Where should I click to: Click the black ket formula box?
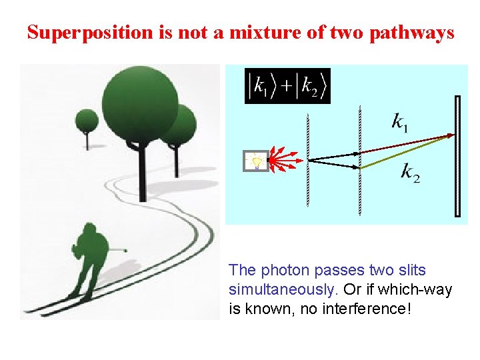coord(287,86)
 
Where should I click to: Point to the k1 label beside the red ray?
coord(401,123)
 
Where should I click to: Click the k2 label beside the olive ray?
coord(410,172)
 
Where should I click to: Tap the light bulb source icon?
coord(256,161)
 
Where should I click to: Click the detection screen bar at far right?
coord(457,157)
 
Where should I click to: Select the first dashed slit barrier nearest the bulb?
coord(308,160)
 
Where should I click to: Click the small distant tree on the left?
coord(87,122)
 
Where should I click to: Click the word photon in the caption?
coord(283,271)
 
